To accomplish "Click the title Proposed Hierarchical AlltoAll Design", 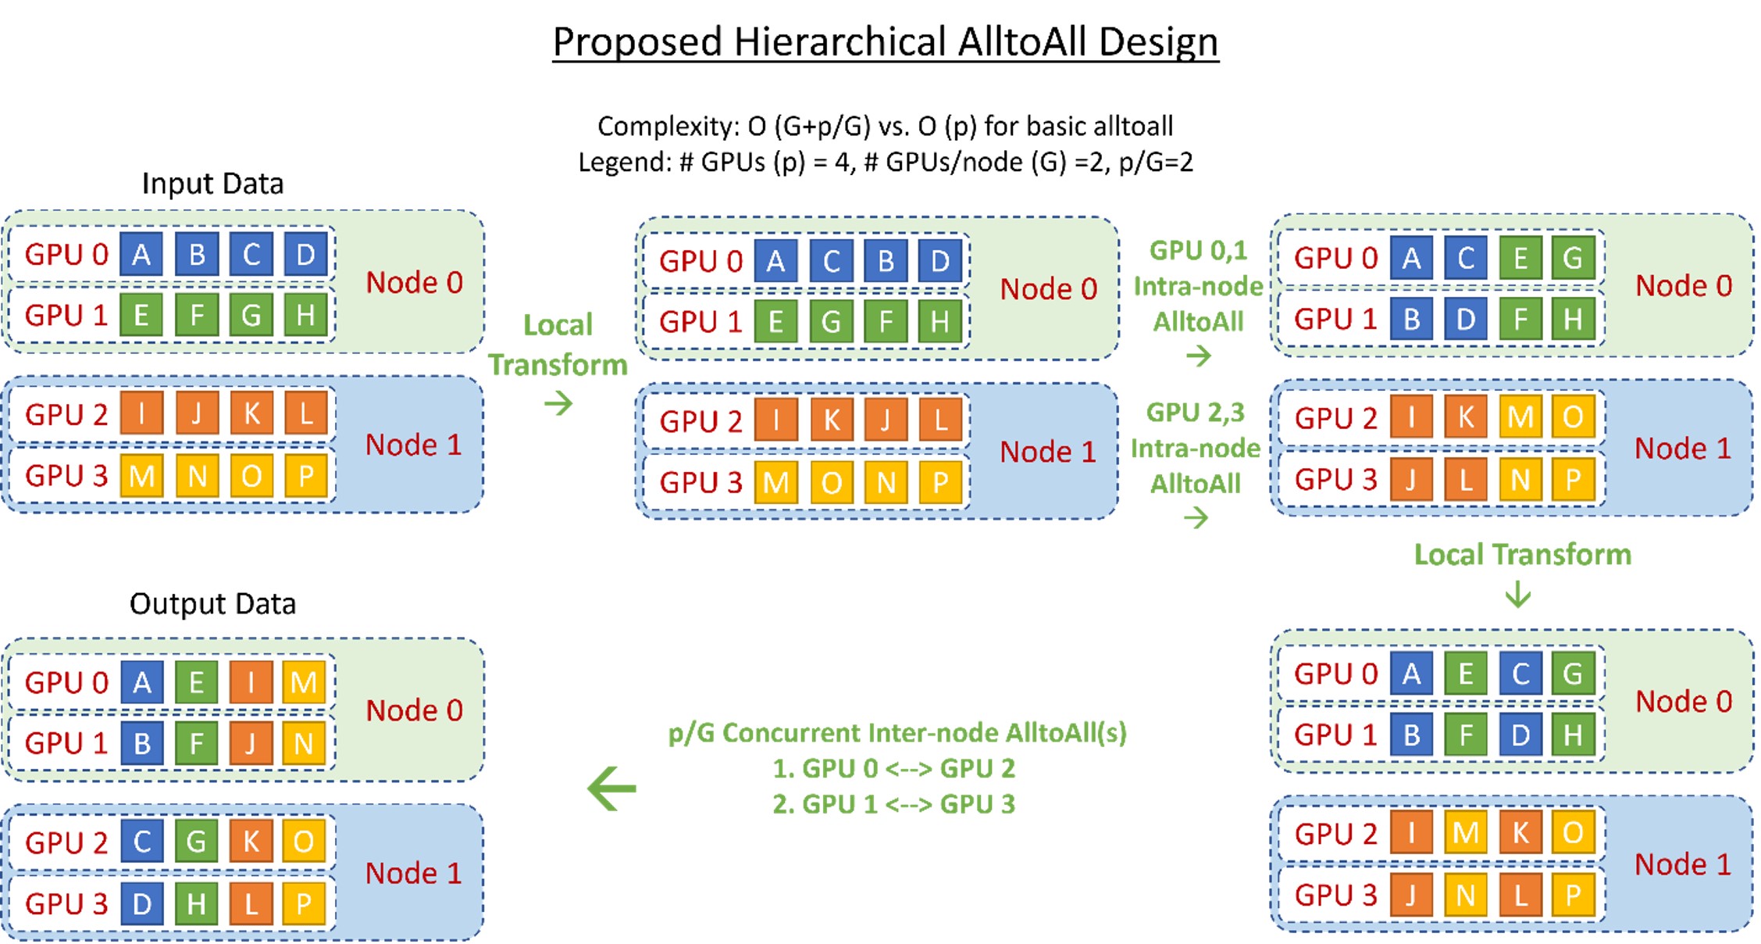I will [885, 42].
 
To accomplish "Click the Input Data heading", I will [212, 184].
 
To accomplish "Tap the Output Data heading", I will [212, 604].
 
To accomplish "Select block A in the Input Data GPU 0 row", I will [141, 255].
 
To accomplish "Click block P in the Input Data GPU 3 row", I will [305, 476].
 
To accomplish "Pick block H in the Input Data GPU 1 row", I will [305, 315].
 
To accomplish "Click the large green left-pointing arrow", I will [612, 788].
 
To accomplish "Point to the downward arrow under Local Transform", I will [1518, 594].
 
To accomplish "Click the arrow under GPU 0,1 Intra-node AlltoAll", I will [1198, 357].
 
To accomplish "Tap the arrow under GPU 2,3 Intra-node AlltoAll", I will [1196, 517].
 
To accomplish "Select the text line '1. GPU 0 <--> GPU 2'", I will [893, 769].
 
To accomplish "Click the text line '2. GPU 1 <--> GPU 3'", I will [893, 804].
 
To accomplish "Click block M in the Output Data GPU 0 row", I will [304, 683].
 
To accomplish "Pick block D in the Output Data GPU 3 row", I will [141, 904].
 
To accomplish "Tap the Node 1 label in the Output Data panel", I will [413, 873].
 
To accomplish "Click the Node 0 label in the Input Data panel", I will [414, 282].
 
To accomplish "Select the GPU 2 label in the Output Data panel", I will [66, 843].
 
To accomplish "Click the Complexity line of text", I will [885, 127].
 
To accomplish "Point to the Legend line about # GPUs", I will [885, 163].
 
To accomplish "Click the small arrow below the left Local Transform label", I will [558, 404].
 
